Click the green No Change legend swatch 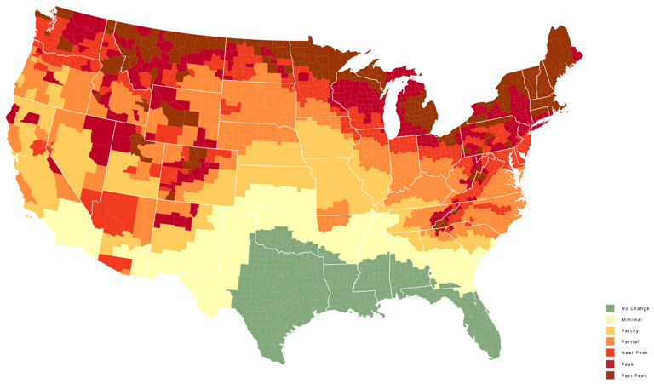[x=610, y=308]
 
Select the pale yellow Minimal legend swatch [x=610, y=319]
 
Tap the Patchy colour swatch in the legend [x=610, y=330]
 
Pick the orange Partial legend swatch [x=610, y=341]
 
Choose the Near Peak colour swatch [x=610, y=352]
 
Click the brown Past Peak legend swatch [x=610, y=375]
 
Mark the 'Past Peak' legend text [x=634, y=375]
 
